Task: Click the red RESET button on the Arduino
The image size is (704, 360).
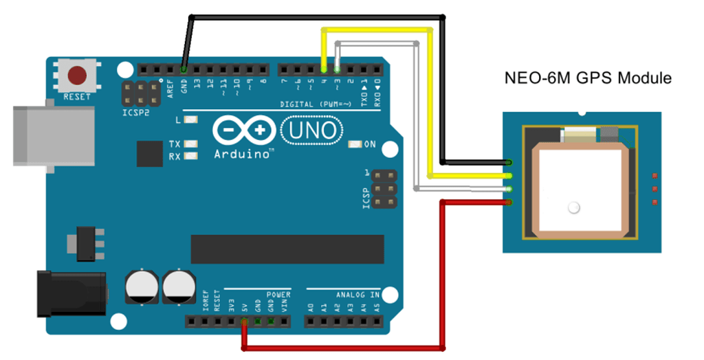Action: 76,74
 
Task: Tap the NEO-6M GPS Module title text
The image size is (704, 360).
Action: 588,78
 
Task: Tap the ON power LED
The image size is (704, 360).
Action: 355,144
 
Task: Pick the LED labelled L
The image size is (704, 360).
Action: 190,120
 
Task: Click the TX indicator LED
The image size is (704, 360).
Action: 190,144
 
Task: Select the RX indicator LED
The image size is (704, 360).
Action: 190,156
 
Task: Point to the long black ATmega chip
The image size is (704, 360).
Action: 287,249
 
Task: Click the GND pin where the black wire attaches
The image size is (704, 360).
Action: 184,69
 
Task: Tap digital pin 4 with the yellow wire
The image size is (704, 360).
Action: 323,69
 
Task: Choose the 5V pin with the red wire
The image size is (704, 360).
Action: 243,322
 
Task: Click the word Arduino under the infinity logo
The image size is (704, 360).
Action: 241,154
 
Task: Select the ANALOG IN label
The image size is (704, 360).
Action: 357,295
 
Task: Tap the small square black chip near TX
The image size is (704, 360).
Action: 150,153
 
